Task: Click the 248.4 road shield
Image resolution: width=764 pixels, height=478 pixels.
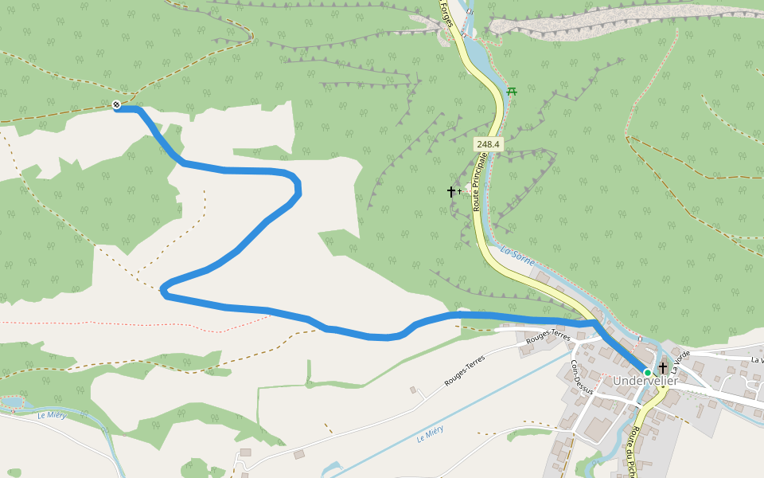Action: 488,144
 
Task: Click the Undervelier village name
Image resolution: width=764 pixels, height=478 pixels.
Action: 645,382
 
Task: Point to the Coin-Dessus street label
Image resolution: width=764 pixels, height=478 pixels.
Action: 582,377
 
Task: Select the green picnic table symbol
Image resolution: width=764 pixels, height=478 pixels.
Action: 512,92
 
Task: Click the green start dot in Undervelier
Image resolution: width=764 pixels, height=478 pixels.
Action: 648,372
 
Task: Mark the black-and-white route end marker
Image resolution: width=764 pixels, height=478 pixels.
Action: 116,105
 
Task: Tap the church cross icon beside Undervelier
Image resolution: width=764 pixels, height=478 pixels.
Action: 662,367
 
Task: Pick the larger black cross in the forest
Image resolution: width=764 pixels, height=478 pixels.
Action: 450,191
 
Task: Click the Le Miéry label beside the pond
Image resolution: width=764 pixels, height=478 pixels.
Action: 52,415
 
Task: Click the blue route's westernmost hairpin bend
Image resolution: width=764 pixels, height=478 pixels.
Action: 164,291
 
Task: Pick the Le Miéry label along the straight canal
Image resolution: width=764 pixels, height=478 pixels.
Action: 430,433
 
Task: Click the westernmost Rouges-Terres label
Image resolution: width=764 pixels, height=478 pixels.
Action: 464,373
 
